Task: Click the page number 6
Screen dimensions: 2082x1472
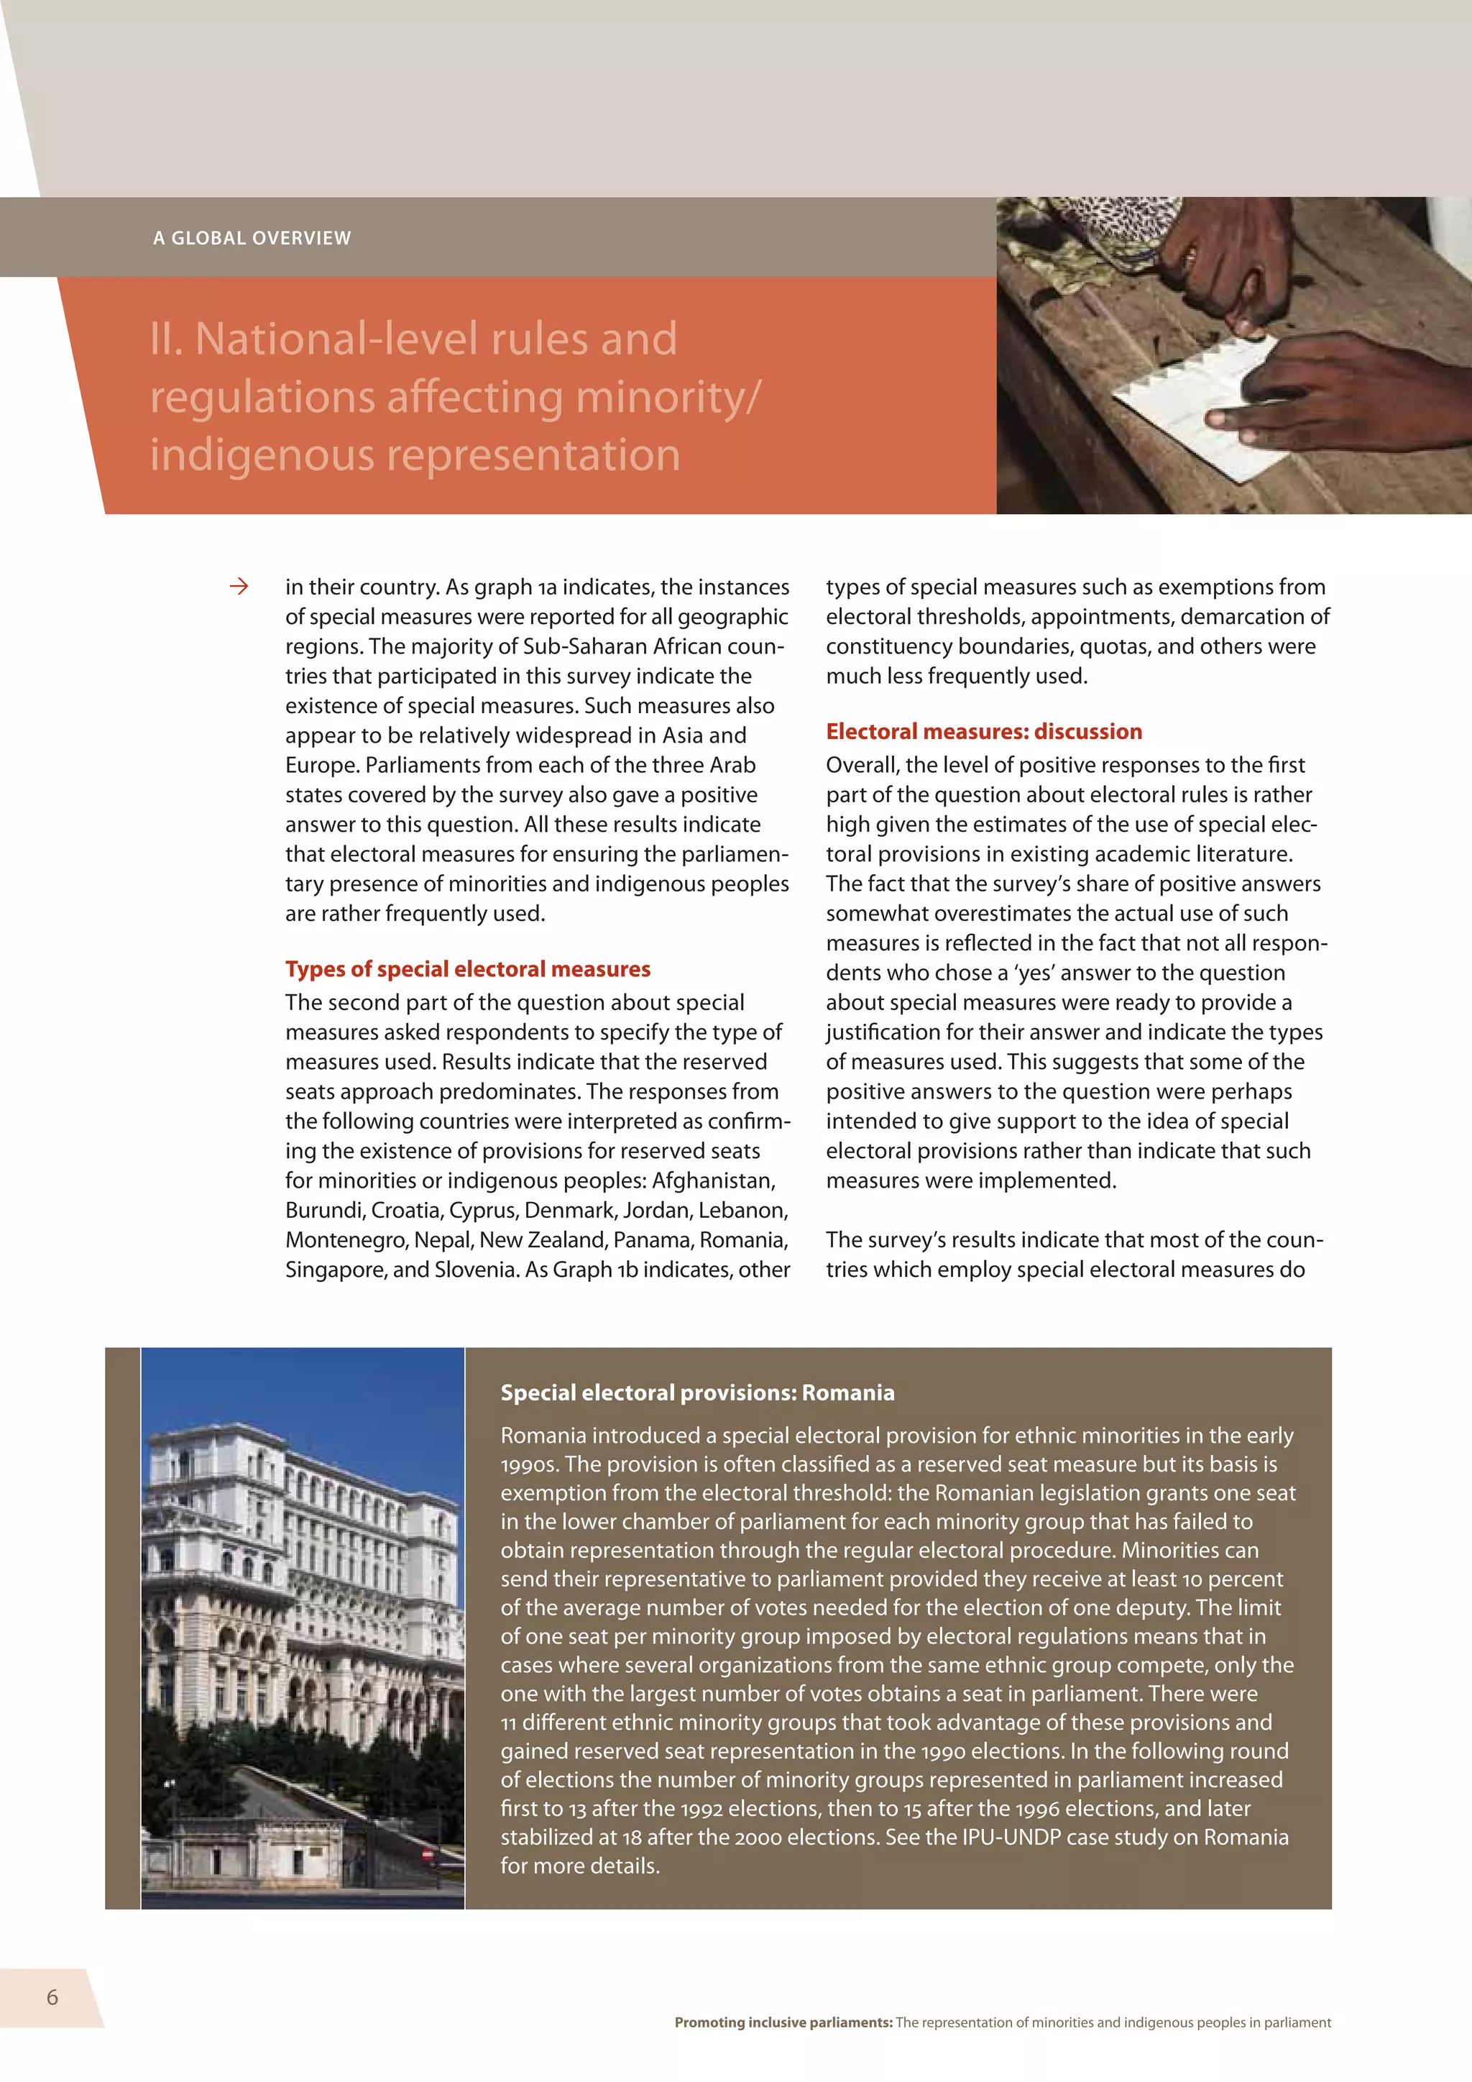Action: (52, 1996)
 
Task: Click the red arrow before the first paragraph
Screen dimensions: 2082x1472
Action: (239, 587)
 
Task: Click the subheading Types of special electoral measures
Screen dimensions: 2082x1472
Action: (468, 969)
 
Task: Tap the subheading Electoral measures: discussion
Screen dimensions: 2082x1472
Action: (983, 732)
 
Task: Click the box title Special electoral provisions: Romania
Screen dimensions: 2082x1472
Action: (697, 1393)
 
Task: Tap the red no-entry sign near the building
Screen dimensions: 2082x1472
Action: (428, 1853)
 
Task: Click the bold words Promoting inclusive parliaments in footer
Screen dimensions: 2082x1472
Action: (783, 2022)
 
